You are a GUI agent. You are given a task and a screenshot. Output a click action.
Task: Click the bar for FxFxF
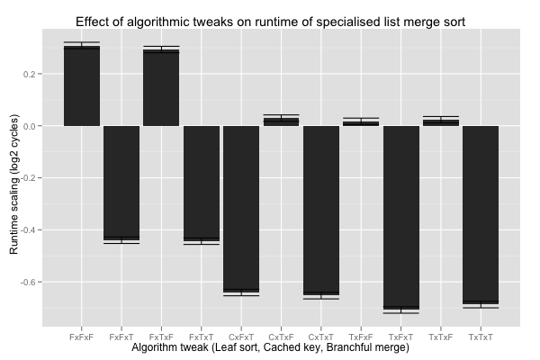[82, 86]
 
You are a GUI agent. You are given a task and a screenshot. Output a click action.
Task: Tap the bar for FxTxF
[161, 88]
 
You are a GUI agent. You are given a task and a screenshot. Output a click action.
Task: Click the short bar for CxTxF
[281, 121]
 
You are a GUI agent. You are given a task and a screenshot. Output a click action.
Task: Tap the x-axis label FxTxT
[202, 336]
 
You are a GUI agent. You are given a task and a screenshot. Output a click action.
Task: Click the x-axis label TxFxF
[361, 336]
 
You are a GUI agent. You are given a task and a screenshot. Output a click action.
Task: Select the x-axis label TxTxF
[441, 336]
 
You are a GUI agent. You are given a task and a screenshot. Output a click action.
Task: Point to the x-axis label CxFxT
[241, 336]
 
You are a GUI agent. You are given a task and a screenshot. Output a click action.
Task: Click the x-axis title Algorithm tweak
[270, 347]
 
